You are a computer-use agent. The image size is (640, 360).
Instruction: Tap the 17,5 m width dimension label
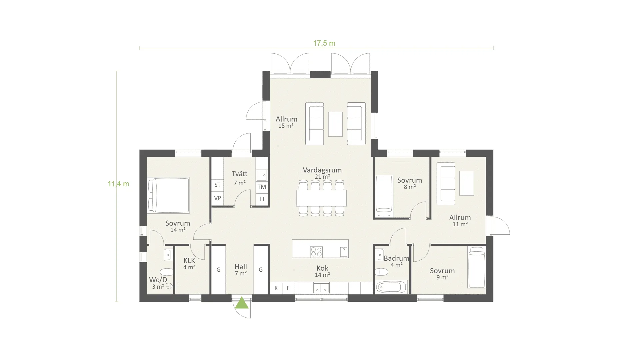(x=324, y=43)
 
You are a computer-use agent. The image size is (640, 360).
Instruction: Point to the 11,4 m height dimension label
(x=118, y=184)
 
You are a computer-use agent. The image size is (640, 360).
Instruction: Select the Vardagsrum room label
(x=322, y=170)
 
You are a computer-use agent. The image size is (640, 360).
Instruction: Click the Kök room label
(x=322, y=268)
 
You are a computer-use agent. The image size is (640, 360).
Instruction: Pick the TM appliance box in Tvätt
(x=262, y=187)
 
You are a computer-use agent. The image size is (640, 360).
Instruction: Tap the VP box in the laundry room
(x=217, y=198)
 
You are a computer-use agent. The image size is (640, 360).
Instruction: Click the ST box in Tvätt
(x=217, y=185)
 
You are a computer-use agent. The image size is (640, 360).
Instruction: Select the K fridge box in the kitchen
(x=276, y=288)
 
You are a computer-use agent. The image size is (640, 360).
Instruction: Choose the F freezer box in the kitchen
(x=288, y=288)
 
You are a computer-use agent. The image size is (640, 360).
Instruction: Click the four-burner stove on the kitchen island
(x=316, y=252)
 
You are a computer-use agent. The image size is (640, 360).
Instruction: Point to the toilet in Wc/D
(x=166, y=272)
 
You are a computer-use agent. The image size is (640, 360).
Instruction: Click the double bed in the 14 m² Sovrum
(x=169, y=195)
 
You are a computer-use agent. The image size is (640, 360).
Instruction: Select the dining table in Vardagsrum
(x=321, y=198)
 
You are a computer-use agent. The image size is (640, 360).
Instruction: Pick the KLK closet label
(x=189, y=261)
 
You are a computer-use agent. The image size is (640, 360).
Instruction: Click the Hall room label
(x=241, y=267)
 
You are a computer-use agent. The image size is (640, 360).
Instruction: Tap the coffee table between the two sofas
(x=335, y=124)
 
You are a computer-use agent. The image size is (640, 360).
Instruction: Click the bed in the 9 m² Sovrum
(x=476, y=267)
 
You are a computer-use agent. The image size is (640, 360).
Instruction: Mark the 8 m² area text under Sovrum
(x=410, y=187)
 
